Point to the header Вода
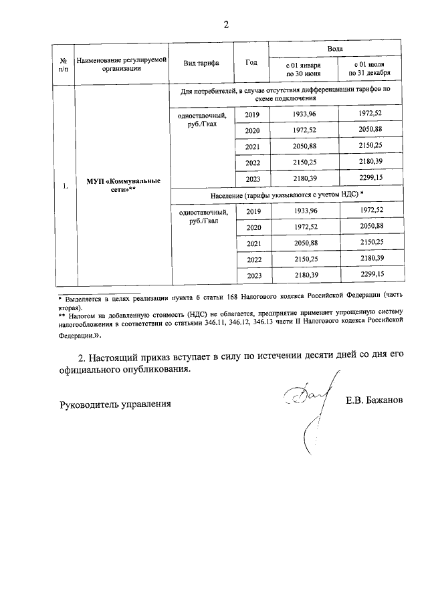[336, 49]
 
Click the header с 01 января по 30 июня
[303, 69]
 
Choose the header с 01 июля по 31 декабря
[370, 69]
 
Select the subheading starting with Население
[286, 195]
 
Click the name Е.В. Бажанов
[375, 402]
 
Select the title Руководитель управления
[115, 404]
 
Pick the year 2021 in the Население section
[252, 243]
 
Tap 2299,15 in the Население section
[370, 275]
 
